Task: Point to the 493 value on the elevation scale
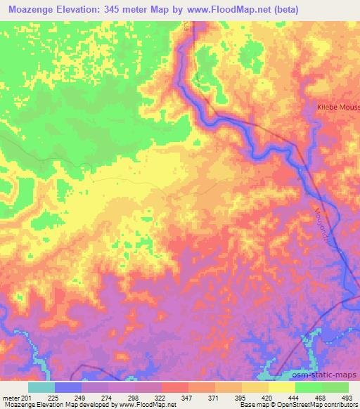tap(347, 397)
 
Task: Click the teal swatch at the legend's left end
tap(41, 387)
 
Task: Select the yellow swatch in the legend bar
tap(282, 387)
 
